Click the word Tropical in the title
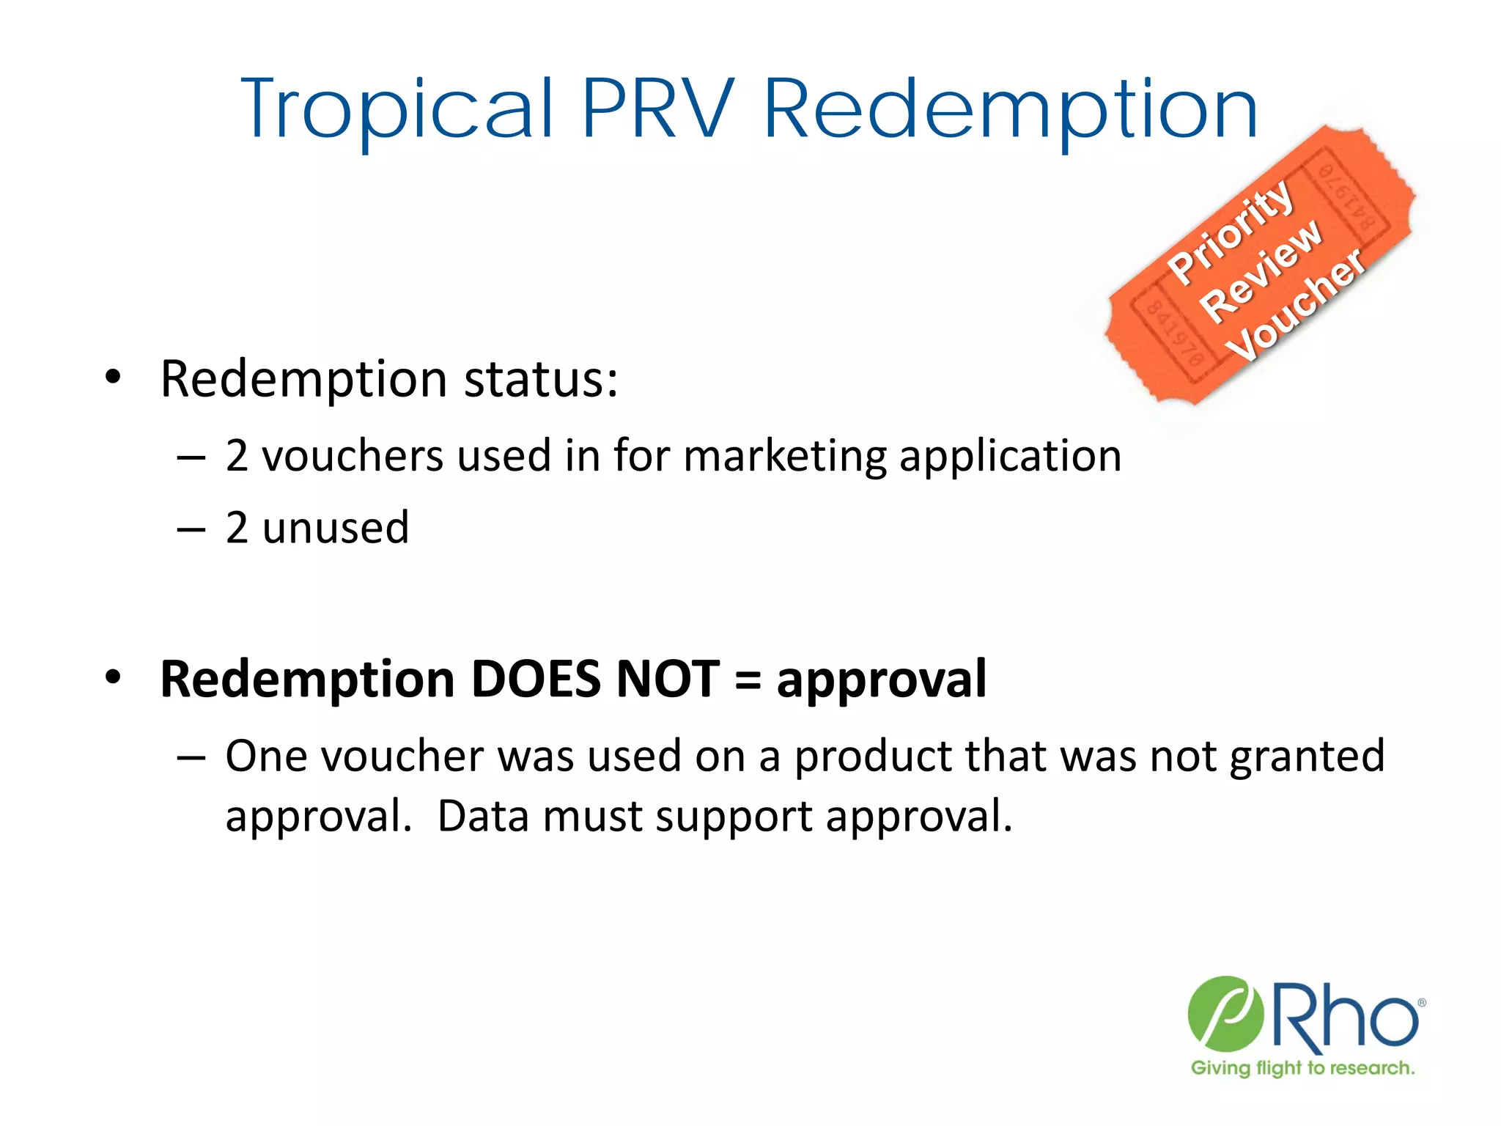397,110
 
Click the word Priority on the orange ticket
1231,230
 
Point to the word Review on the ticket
1262,271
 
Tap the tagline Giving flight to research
1302,1067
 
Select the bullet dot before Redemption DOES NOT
112,677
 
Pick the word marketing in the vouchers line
784,456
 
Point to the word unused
336,528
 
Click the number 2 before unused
236,528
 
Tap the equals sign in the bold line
747,679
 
